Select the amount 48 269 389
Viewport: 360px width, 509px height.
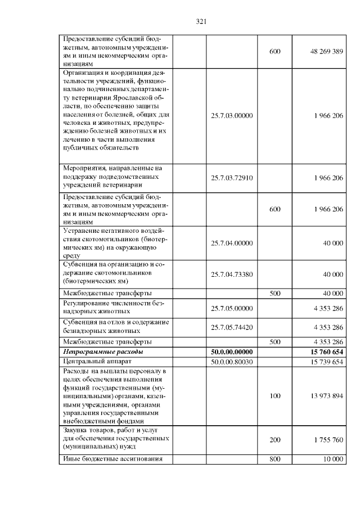point(326,51)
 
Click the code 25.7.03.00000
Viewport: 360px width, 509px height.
point(232,115)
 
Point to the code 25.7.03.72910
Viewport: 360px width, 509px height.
point(232,178)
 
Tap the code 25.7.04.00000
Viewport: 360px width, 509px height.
point(232,243)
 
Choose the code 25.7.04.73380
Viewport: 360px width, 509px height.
point(232,274)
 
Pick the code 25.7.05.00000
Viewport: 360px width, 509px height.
point(232,308)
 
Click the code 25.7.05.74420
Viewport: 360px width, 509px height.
point(232,327)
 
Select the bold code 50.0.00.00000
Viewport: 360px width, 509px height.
point(232,352)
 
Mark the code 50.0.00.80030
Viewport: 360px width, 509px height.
point(232,362)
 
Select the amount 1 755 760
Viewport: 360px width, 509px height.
point(326,440)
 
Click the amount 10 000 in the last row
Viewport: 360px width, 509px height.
point(333,459)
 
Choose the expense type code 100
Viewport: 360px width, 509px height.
point(275,396)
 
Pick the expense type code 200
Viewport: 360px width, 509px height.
point(275,440)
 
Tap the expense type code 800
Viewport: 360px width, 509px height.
point(275,459)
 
